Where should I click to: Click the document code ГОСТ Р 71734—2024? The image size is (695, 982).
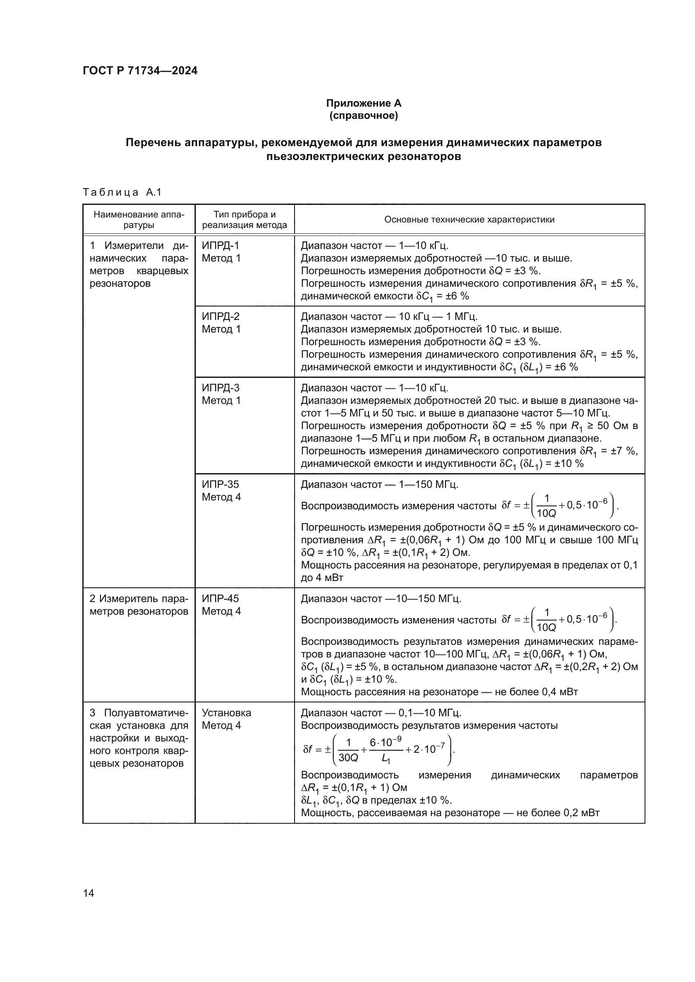140,71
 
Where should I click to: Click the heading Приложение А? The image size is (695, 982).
363,103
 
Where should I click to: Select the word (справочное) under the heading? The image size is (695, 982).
363,115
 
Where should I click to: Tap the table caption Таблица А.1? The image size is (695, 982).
122,192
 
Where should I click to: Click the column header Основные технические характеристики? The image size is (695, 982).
469,220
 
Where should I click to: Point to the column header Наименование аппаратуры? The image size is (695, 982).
139,220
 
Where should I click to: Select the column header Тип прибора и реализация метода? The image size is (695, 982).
245,220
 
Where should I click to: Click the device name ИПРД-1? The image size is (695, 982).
221,246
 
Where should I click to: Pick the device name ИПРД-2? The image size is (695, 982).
221,317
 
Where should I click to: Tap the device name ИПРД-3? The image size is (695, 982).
221,388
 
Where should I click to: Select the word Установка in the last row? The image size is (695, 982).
226,713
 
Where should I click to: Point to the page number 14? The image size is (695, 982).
89,893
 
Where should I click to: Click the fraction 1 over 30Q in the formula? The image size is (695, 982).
348,749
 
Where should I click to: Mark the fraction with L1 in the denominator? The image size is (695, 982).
386,749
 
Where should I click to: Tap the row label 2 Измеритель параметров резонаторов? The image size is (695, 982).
139,605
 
